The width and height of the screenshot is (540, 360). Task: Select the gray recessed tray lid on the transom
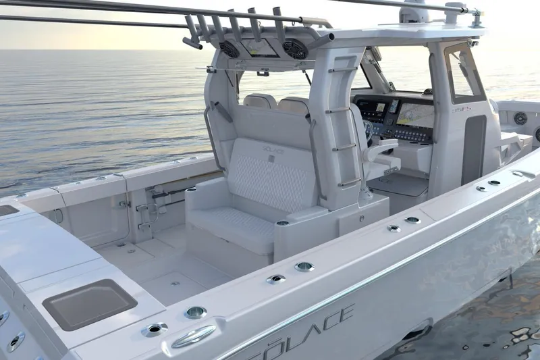coord(89,303)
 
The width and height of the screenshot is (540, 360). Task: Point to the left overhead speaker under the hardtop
coord(230,49)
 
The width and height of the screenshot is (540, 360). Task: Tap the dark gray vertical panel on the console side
coord(474,149)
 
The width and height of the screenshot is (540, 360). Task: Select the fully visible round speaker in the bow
coord(520,118)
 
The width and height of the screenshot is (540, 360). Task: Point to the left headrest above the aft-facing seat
coord(260,101)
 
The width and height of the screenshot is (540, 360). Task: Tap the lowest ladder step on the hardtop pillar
coord(349,182)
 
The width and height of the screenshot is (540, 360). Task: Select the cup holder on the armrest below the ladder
coord(282,223)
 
